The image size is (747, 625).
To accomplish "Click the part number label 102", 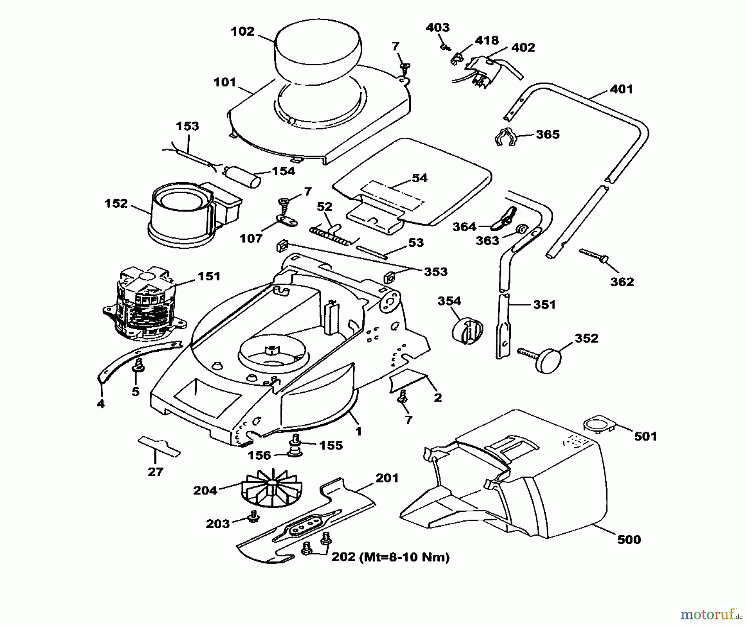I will [243, 32].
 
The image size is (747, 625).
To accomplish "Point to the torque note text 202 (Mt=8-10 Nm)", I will [390, 557].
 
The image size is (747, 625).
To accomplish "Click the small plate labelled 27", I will [159, 447].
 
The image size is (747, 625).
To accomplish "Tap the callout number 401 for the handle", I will [621, 89].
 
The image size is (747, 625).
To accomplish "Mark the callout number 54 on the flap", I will [420, 178].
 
